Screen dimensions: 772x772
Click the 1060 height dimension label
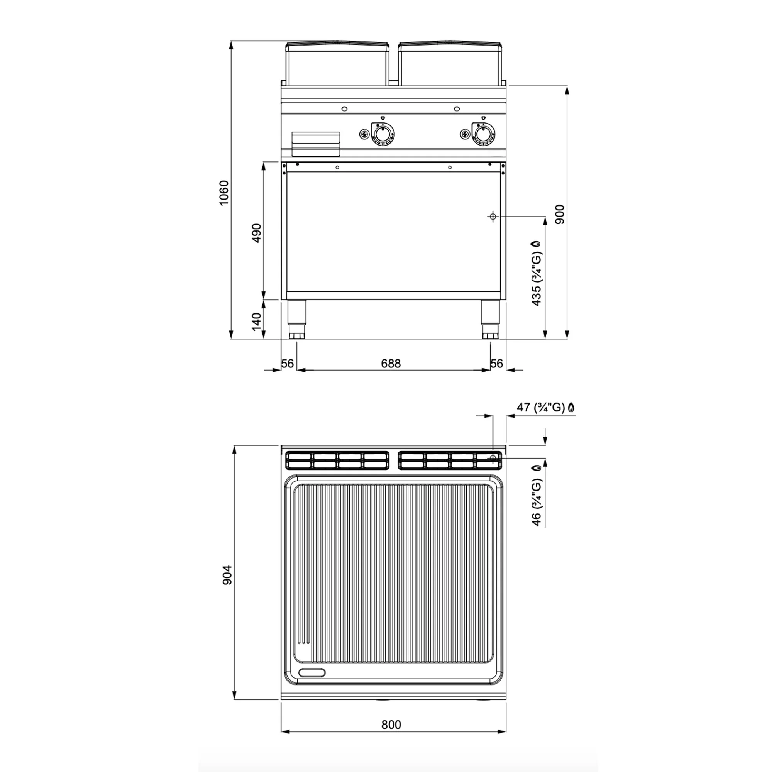(x=224, y=193)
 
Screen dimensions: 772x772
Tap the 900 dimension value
(x=560, y=214)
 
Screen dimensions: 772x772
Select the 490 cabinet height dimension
(x=256, y=233)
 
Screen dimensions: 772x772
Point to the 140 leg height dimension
(x=256, y=321)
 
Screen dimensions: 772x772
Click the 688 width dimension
(x=390, y=363)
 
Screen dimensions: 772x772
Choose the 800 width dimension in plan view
(x=391, y=725)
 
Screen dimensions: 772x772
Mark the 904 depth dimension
(x=227, y=575)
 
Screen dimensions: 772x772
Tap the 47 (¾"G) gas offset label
(x=546, y=407)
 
